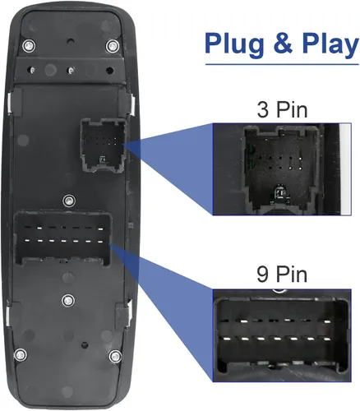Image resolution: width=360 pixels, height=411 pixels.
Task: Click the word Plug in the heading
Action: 234,44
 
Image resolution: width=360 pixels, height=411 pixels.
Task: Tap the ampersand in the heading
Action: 283,44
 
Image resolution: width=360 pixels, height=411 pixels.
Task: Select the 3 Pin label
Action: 282,109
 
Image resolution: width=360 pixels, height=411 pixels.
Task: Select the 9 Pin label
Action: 282,275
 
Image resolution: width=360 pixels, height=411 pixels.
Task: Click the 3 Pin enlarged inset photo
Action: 282,169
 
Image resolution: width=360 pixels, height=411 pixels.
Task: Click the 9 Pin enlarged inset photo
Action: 282,335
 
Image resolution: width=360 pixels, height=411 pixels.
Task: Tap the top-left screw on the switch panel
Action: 30,44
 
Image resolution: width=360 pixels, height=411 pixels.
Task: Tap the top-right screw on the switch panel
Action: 113,46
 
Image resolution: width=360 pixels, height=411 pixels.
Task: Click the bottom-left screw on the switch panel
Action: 21,354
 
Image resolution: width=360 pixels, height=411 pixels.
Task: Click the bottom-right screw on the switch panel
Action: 115,356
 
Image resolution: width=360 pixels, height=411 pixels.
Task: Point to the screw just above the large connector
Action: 69,201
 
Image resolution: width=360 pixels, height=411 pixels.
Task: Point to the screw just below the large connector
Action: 68,300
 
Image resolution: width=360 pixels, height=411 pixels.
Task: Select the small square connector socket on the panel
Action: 103,145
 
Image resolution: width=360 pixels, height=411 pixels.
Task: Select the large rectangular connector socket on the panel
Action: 63,238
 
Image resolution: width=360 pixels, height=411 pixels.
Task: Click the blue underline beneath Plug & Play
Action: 282,64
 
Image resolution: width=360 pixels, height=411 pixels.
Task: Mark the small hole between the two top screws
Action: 71,41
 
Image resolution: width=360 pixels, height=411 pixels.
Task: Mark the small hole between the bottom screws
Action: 85,344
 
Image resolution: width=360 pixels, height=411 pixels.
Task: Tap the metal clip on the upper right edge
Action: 132,104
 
